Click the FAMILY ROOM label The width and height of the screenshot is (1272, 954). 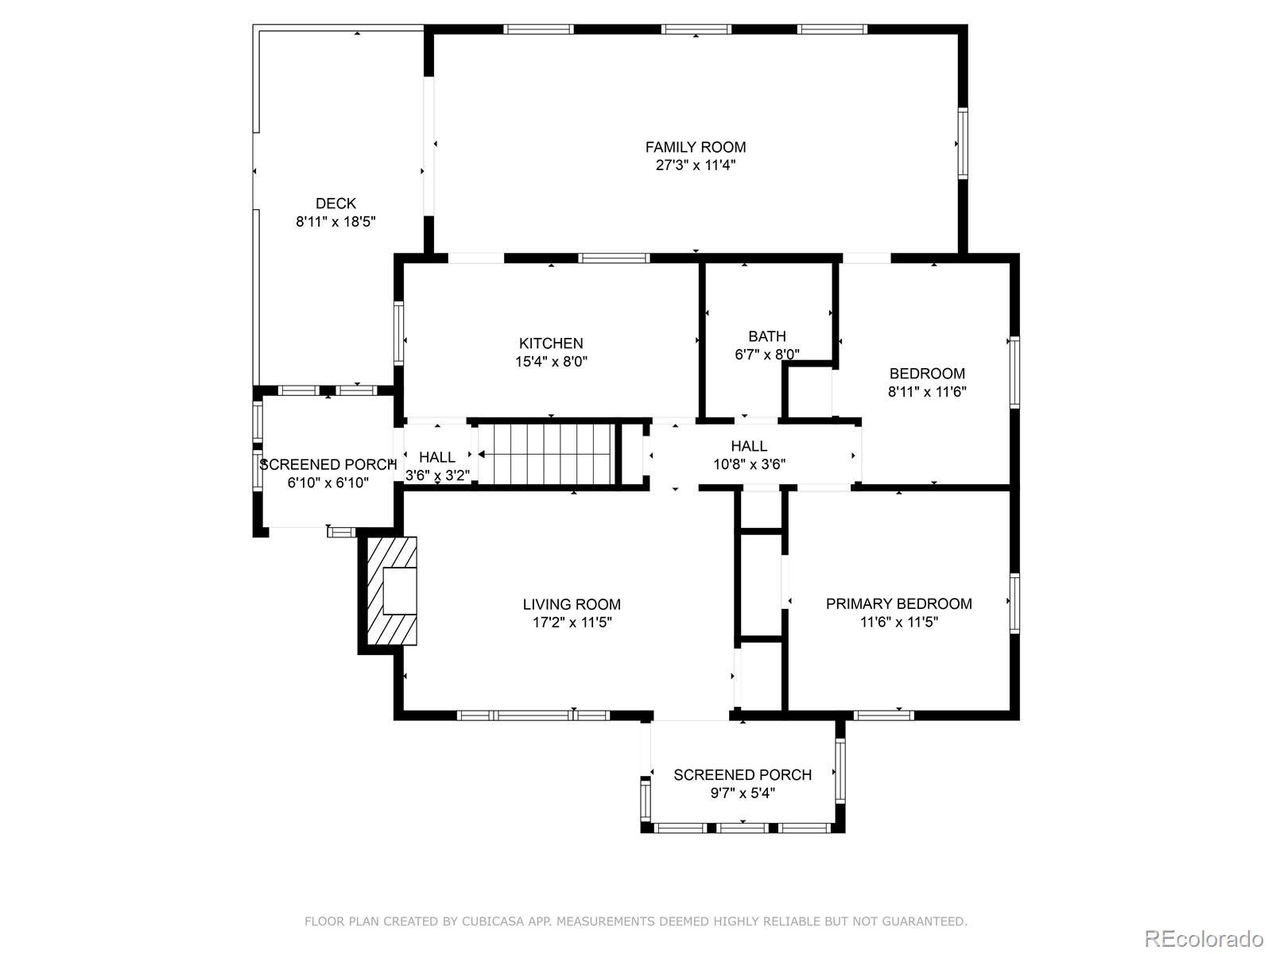696,147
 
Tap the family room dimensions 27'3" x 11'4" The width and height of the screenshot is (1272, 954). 696,165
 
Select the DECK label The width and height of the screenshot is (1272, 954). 335,204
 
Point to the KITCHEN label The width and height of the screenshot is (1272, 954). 551,343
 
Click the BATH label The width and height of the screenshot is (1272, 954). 767,336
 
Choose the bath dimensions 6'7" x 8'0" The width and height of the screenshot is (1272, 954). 767,355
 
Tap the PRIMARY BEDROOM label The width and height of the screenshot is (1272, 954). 899,603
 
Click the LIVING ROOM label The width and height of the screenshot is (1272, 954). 572,604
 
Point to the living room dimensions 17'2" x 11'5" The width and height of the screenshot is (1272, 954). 572,622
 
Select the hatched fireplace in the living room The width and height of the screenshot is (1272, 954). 392,591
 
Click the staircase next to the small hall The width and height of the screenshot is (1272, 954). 546,455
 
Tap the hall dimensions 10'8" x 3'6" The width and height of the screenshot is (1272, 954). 750,464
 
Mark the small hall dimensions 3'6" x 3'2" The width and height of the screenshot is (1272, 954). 437,475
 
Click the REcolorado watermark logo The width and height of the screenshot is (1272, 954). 1204,938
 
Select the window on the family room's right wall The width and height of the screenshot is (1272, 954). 963,143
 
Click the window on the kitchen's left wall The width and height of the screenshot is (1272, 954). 399,333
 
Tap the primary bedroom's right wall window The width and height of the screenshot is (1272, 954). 1014,603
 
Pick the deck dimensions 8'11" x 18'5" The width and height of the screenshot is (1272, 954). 335,222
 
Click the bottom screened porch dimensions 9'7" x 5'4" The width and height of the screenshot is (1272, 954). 743,793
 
